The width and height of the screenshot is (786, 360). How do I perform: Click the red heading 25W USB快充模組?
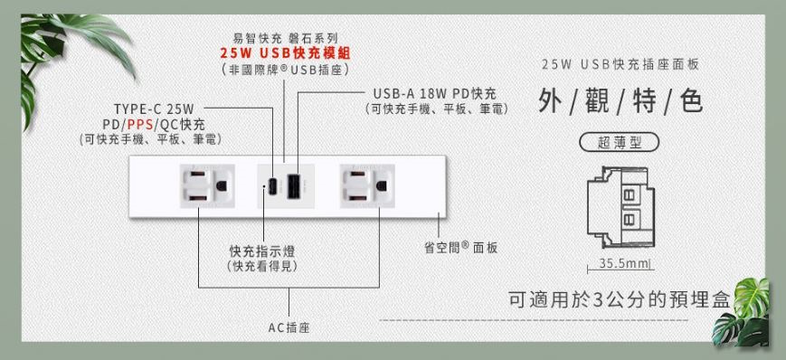tap(285, 53)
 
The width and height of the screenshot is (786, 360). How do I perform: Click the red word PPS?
tap(139, 125)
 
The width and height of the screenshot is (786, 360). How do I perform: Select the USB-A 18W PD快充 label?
tap(434, 94)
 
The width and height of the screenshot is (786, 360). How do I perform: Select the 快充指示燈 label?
tap(262, 251)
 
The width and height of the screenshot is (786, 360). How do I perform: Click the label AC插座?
tap(289, 327)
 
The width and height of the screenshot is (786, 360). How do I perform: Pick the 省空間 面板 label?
tap(461, 247)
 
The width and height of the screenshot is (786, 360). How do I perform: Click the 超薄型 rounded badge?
tap(619, 142)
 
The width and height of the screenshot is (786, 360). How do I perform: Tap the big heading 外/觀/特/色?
tap(620, 101)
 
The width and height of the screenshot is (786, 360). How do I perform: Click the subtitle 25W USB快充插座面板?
tap(620, 65)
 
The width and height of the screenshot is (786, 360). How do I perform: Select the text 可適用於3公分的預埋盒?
tap(619, 301)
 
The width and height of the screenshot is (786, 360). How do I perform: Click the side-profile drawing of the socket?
tap(620, 205)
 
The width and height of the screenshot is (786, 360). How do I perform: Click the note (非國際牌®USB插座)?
tap(285, 69)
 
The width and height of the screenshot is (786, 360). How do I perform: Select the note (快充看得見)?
tap(262, 266)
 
